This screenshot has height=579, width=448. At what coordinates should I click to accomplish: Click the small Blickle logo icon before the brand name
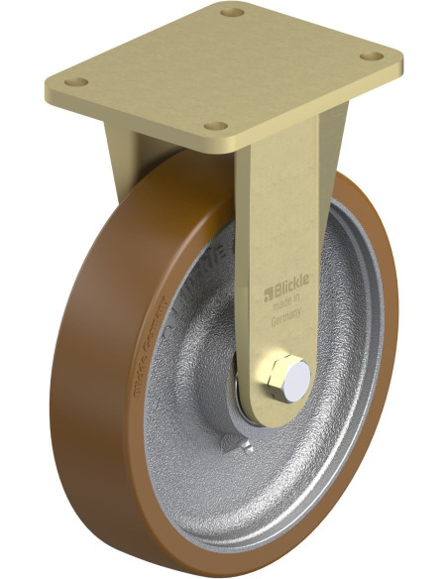267,293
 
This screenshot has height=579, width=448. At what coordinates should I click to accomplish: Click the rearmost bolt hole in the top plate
233,13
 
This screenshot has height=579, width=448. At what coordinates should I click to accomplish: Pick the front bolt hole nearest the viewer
213,126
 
